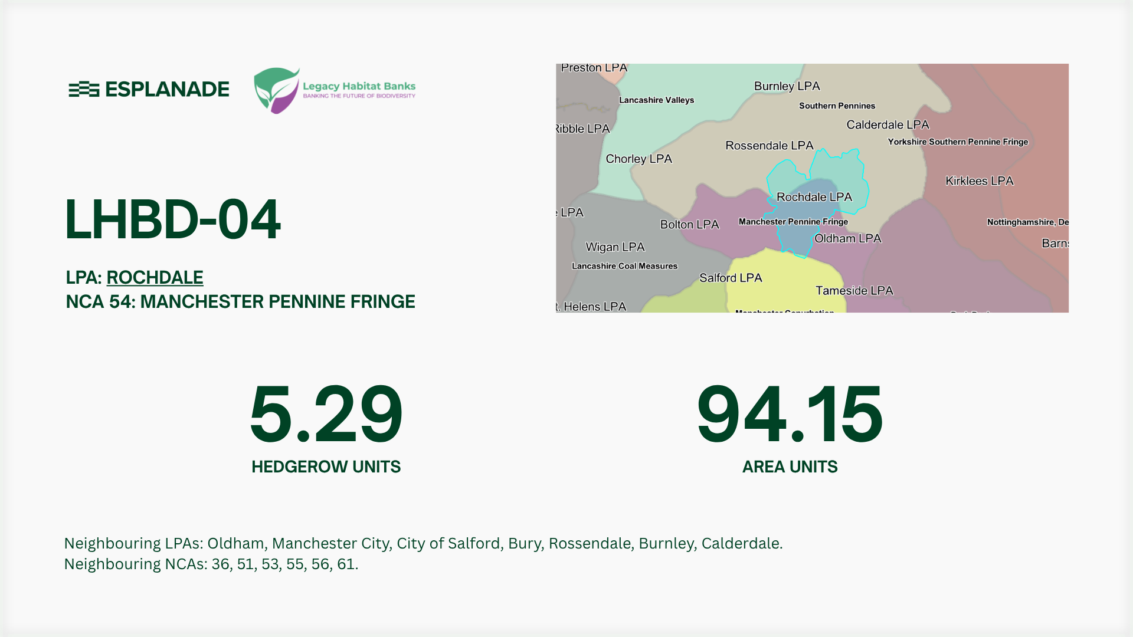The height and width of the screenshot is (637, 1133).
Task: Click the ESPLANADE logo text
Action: pos(167,90)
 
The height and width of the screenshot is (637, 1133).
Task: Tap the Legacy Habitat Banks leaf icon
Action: pos(276,90)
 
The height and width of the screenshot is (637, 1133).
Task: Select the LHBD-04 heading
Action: pos(172,219)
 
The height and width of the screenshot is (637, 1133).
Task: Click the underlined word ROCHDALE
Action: pos(155,277)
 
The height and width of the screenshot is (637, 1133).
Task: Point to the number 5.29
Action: pos(326,414)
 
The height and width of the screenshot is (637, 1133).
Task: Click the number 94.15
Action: pos(790,414)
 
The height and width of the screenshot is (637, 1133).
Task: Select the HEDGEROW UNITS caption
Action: pos(326,467)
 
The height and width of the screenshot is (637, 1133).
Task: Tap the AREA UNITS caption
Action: pos(790,467)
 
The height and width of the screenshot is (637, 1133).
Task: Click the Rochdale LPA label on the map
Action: pos(814,197)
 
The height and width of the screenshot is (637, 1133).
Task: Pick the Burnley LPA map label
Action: pos(787,86)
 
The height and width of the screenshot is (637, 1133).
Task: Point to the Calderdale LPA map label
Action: pos(888,125)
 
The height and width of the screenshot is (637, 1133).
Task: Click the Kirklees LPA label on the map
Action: pos(979,181)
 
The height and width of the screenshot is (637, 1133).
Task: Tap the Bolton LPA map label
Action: pos(689,225)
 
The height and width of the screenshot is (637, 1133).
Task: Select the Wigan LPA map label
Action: pos(615,247)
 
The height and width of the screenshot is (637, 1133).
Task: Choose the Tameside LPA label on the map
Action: pos(854,291)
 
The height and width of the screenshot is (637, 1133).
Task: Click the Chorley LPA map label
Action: pos(638,159)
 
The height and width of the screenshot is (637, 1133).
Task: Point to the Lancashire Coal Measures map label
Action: pos(624,266)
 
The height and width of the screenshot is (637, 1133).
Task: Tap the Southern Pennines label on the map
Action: pos(837,106)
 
